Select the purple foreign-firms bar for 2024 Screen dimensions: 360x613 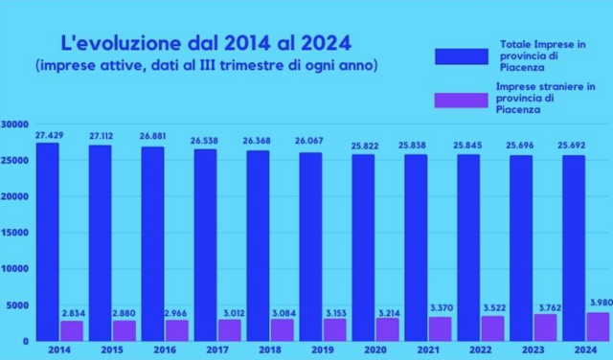597,326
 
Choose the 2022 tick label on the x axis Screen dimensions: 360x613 480,350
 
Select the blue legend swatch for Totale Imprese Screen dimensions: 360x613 463,56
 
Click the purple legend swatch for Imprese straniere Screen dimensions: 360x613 463,99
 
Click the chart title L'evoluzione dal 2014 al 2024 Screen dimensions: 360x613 206,43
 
